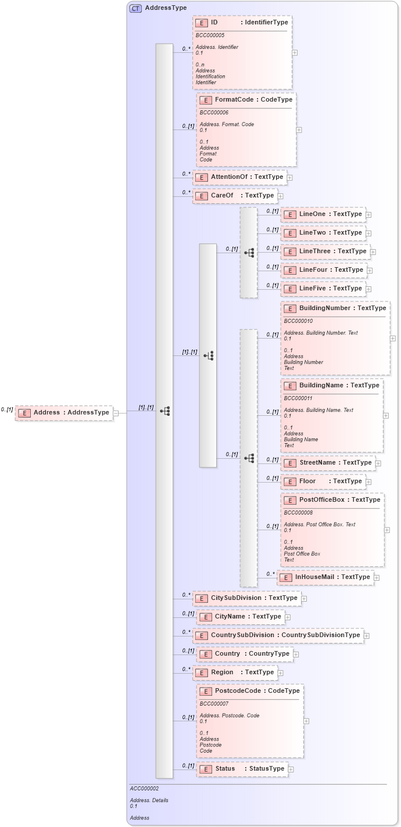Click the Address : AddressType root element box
64,412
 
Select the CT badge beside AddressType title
135,8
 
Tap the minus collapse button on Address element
116,413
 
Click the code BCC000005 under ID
210,35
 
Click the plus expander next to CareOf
281,196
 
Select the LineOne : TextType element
323,214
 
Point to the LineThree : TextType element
325,251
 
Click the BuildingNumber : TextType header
335,308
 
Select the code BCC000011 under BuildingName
298,398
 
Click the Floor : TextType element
323,481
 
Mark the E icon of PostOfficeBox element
289,500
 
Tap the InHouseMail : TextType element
325,577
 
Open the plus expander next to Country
296,655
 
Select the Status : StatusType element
242,769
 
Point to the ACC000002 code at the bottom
144,789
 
